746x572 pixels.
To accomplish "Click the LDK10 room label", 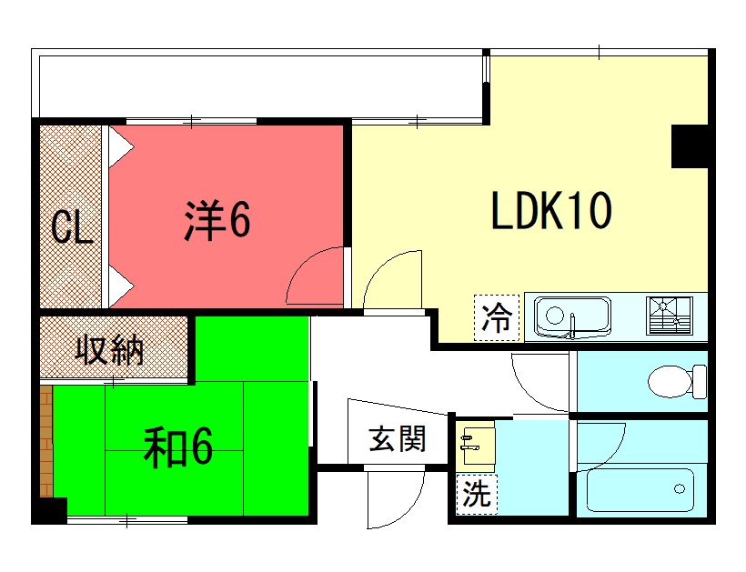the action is pos(551,211).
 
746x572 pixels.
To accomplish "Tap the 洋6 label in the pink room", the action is pos(217,220).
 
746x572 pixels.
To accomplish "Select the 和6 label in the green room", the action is pos(178,447).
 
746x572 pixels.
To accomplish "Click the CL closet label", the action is pos(71,226).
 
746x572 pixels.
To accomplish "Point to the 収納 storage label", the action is pos(109,349).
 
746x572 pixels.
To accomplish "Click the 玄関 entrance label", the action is pos(397,439).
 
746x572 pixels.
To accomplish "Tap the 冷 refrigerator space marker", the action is pos(496,317).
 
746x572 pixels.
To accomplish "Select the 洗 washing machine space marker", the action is pos(477,494).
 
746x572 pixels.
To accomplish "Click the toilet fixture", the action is pos(677,381).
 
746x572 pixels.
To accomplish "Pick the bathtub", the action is pos(640,490).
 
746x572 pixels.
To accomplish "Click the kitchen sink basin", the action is pos(572,316).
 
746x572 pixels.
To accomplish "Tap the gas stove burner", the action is pos(670,316).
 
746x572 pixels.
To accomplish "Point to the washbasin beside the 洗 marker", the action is pos(475,446).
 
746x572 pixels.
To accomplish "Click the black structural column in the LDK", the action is pos(690,146).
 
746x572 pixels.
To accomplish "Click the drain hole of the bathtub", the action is pos(680,488).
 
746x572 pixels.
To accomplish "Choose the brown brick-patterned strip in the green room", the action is pos(46,441).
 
